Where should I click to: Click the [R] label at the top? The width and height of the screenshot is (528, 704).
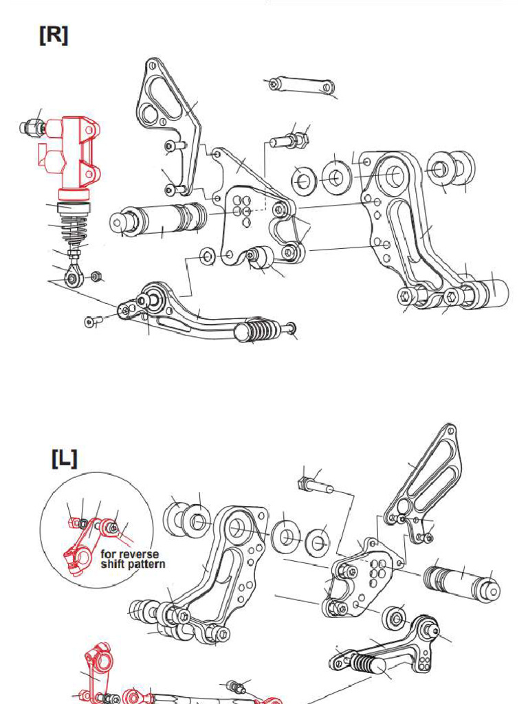pos(54,36)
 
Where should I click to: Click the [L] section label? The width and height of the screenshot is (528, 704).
pos(65,459)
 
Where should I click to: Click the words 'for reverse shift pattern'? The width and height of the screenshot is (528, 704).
pos(130,559)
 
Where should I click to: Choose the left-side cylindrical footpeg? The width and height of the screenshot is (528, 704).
pos(462,582)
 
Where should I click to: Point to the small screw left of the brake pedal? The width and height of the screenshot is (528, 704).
pos(93,320)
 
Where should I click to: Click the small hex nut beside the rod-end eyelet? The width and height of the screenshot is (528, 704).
pos(97,276)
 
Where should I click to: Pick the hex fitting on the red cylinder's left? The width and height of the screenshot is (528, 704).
pos(30,127)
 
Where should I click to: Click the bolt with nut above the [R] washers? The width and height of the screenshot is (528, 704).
pos(289,141)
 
